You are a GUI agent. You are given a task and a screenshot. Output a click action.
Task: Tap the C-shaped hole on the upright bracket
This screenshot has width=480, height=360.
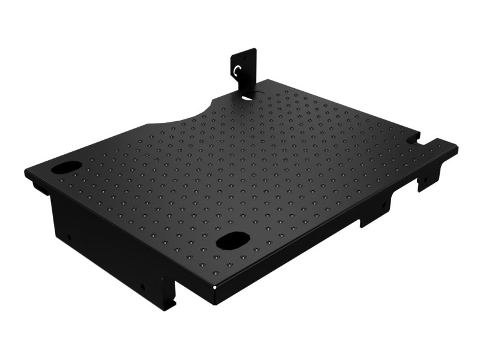239,71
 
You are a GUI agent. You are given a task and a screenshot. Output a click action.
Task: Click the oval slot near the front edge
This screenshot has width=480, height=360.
232,241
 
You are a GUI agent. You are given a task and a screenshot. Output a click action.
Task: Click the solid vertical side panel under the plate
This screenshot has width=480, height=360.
102,240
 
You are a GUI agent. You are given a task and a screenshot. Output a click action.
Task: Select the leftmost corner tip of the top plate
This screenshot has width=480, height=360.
26,172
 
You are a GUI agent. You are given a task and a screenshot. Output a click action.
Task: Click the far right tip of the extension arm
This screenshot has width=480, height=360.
457,148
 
